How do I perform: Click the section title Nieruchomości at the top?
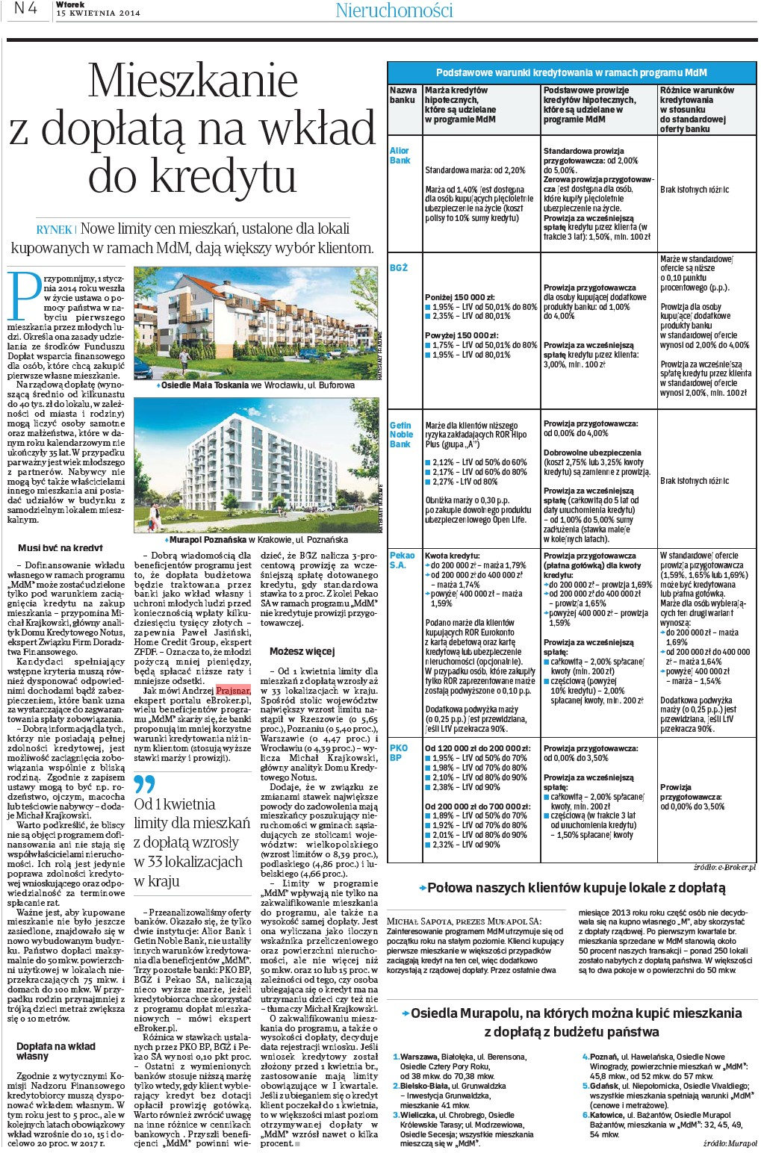point(394,10)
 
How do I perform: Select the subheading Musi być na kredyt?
point(60,547)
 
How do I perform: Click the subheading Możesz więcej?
point(302,651)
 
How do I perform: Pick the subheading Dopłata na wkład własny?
point(56,1051)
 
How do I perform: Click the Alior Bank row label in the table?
point(400,155)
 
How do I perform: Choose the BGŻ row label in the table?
point(399,267)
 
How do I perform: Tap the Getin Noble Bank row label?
point(401,435)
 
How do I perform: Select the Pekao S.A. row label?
point(402,560)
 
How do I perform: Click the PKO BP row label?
point(399,752)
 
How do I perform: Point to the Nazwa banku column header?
point(403,95)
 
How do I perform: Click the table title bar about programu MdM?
point(571,72)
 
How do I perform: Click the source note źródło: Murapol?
point(729,1143)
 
